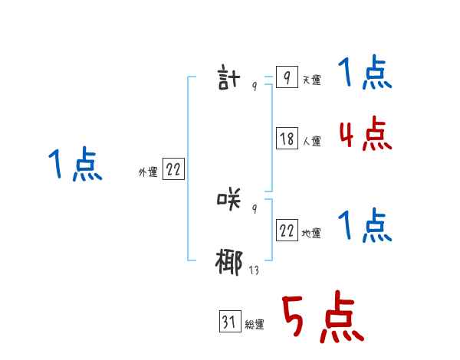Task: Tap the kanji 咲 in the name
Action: coord(230,201)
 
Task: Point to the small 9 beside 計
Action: coord(255,87)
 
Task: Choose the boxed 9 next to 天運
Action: coord(286,78)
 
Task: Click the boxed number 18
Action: coord(287,139)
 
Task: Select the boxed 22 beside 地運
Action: coord(287,231)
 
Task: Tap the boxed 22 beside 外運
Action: coord(173,170)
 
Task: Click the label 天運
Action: coord(311,80)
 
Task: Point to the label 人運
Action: coord(311,142)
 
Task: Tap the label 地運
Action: coord(311,234)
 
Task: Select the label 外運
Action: coord(148,172)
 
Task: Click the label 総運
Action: coord(255,325)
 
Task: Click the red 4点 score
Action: coord(365,134)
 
